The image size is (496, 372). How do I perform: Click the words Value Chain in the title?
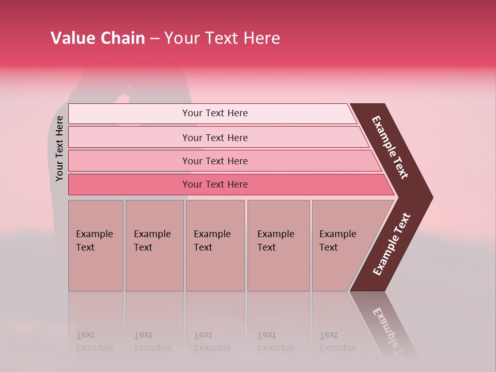coord(98,38)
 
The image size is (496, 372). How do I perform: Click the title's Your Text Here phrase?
coord(222,38)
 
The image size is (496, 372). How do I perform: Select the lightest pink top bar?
coord(214,113)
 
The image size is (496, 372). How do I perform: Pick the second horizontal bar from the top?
coord(214,137)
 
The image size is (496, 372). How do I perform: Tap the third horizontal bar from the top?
coord(214,161)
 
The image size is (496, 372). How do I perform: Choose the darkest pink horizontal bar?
coord(214,184)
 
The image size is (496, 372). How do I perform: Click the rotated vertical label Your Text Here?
coord(59,148)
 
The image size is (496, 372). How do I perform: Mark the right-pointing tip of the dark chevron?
coord(432,197)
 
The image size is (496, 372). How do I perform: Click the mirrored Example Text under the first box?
coord(95,342)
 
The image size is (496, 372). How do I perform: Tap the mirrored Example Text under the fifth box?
coord(338,342)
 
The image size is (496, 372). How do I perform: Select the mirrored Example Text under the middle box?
coord(212,342)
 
